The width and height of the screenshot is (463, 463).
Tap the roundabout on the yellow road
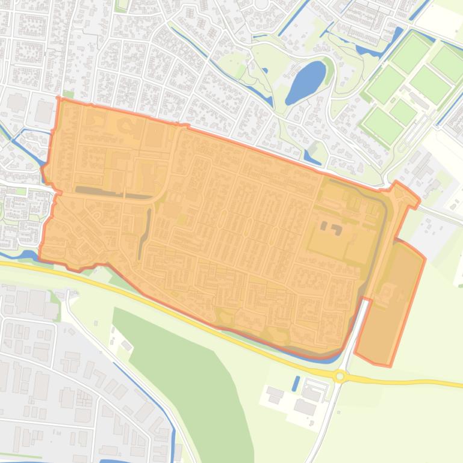[340, 376]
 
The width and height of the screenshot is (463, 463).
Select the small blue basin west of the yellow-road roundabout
[296, 383]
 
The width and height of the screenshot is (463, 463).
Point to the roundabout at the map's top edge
[261, 3]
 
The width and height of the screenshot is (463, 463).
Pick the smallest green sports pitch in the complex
[402, 111]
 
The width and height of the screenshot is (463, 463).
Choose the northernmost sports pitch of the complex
[412, 54]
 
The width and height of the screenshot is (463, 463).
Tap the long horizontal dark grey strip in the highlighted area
[114, 194]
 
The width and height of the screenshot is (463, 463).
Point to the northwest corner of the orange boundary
[58, 99]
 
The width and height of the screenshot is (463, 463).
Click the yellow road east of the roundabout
[409, 381]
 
